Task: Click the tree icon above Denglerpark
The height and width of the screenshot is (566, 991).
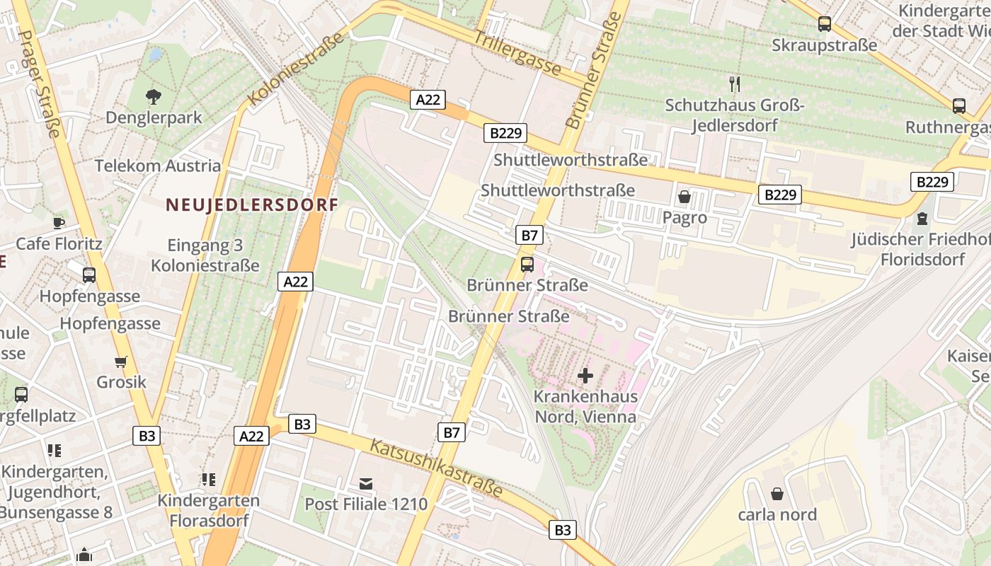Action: [x=153, y=96]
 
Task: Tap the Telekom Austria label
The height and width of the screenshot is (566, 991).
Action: [x=158, y=166]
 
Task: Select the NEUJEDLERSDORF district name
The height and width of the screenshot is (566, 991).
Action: [x=251, y=205]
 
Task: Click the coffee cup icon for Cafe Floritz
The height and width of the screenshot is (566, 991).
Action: [x=59, y=223]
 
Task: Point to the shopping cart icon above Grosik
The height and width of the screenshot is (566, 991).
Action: [x=121, y=362]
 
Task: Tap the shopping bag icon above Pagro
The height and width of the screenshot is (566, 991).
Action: [x=684, y=197]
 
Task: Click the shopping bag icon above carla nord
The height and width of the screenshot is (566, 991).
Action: [x=777, y=494]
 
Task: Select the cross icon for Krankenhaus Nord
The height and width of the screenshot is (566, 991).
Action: [x=585, y=375]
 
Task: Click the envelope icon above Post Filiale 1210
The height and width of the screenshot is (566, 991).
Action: [x=366, y=484]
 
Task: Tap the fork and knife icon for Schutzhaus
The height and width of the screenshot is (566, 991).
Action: [x=735, y=84]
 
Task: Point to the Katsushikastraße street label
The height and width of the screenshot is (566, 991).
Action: [x=437, y=468]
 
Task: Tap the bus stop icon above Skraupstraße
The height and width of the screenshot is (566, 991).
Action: [x=825, y=24]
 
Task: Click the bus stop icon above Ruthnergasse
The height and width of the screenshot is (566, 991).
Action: [x=959, y=106]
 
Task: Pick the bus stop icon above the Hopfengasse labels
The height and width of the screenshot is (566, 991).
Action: [x=89, y=275]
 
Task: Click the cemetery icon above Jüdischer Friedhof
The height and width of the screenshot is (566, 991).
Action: [x=922, y=219]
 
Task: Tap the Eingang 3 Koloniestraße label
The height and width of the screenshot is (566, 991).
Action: [x=205, y=255]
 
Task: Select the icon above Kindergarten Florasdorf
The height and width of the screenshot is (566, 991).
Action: [x=208, y=480]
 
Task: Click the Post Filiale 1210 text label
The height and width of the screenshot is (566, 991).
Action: [x=366, y=504]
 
